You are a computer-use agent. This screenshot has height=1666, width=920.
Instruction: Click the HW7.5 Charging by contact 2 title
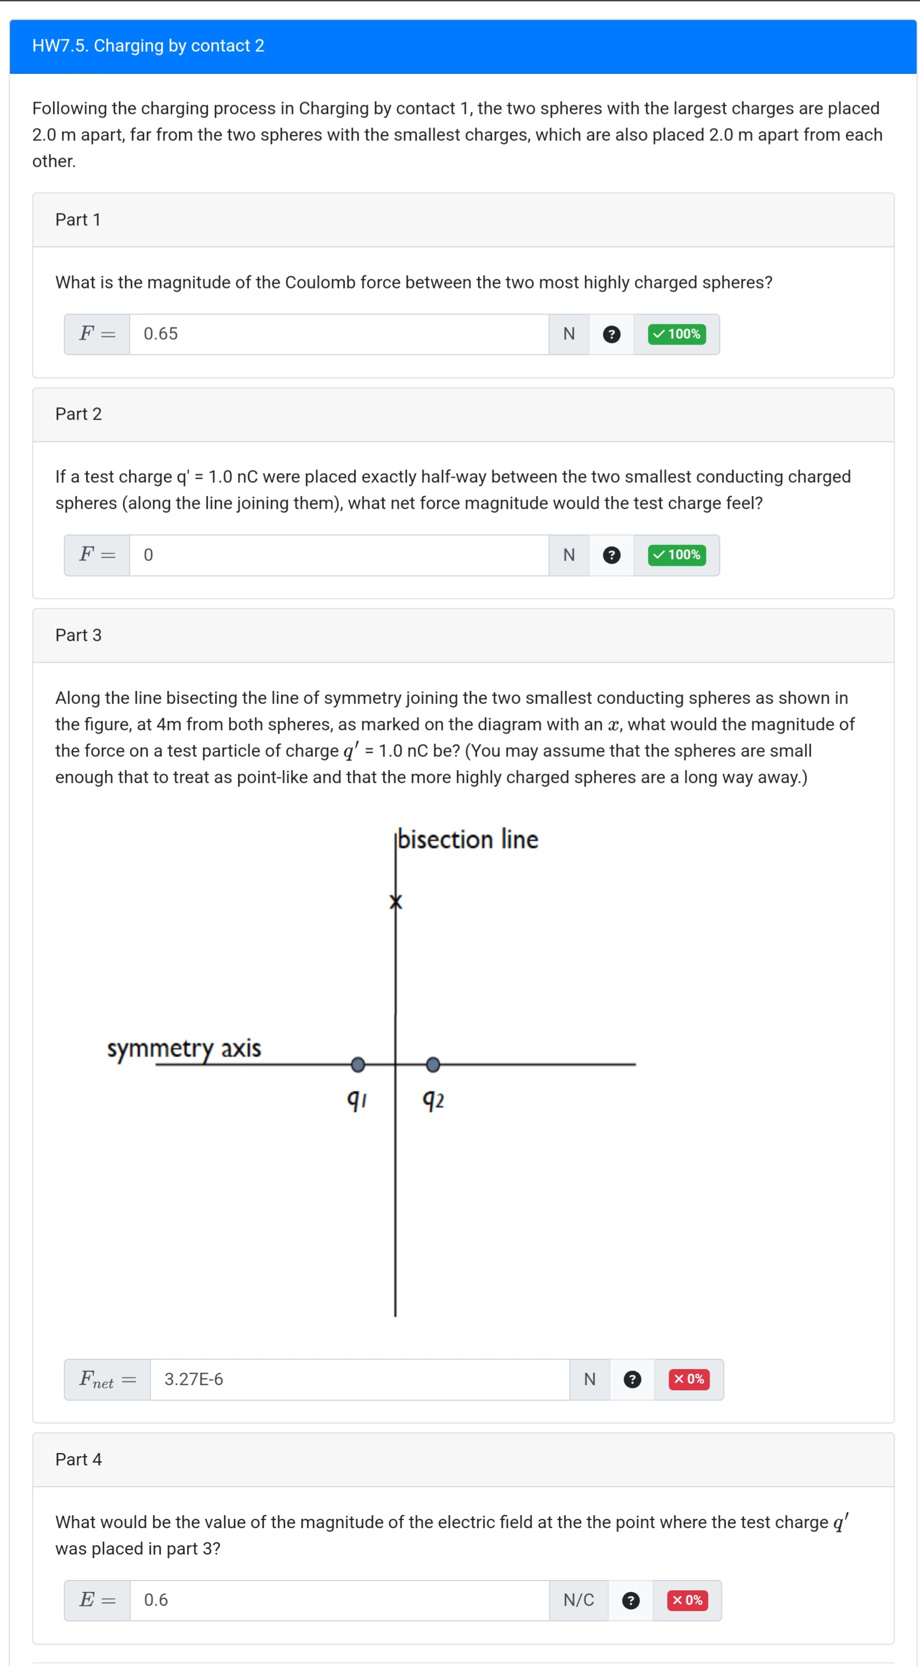pos(148,46)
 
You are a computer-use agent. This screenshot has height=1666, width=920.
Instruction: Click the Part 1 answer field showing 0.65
pos(338,334)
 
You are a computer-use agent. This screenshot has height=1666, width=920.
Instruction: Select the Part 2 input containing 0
pos(338,555)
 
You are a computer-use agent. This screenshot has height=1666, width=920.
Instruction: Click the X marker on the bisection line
pos(396,901)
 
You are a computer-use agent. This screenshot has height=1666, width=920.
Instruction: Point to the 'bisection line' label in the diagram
pos(467,839)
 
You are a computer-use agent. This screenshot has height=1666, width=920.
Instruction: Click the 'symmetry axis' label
pos(184,1047)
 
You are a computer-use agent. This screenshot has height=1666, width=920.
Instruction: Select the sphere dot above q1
pos(358,1065)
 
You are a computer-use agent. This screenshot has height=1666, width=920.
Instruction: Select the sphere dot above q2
pos(433,1065)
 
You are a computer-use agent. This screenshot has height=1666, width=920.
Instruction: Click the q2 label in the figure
pos(433,1099)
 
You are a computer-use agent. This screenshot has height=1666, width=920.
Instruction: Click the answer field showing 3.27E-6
pos(359,1380)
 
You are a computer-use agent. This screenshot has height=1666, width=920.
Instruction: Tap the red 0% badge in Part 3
pos(688,1380)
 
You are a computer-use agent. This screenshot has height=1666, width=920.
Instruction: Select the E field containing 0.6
pos(338,1600)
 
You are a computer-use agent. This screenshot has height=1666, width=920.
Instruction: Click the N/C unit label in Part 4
pos(578,1600)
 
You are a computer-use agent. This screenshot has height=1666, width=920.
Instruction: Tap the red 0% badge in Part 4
pos(687,1600)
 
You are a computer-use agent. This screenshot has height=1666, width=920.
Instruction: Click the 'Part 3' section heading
pos(78,635)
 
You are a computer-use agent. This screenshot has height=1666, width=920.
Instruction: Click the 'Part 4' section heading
pos(78,1460)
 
